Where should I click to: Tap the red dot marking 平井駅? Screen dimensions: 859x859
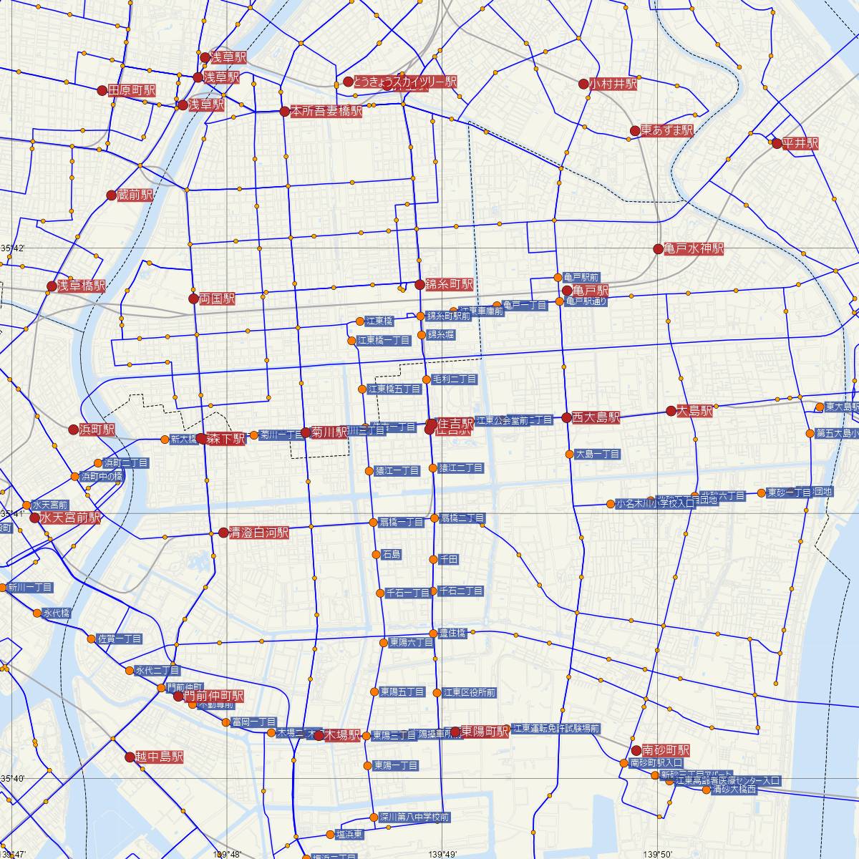pyautogui.click(x=777, y=143)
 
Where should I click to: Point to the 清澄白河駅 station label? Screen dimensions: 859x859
pyautogui.click(x=258, y=533)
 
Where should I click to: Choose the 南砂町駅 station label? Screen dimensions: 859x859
pyautogui.click(x=666, y=750)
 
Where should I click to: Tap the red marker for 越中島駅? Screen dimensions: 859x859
pyautogui.click(x=130, y=757)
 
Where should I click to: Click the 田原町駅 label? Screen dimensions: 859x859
pyautogui.click(x=132, y=91)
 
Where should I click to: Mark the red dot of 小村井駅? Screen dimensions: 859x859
pyautogui.click(x=583, y=84)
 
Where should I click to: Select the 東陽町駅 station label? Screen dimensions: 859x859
pyautogui.click(x=485, y=731)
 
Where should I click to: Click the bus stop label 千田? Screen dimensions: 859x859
pyautogui.click(x=449, y=559)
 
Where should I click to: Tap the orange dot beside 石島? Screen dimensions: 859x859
pyautogui.click(x=376, y=554)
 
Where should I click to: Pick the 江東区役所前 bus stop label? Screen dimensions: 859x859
pyautogui.click(x=470, y=693)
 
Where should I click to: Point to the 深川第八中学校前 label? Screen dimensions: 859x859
pyautogui.click(x=414, y=817)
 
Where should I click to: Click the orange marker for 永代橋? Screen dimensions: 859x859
pyautogui.click(x=37, y=613)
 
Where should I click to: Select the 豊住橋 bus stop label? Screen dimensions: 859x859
pyautogui.click(x=452, y=633)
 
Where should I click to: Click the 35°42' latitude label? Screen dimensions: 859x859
pyautogui.click(x=13, y=248)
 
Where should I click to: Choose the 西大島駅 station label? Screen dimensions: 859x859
pyautogui.click(x=596, y=417)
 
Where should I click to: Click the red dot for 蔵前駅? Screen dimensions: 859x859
pyautogui.click(x=111, y=195)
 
